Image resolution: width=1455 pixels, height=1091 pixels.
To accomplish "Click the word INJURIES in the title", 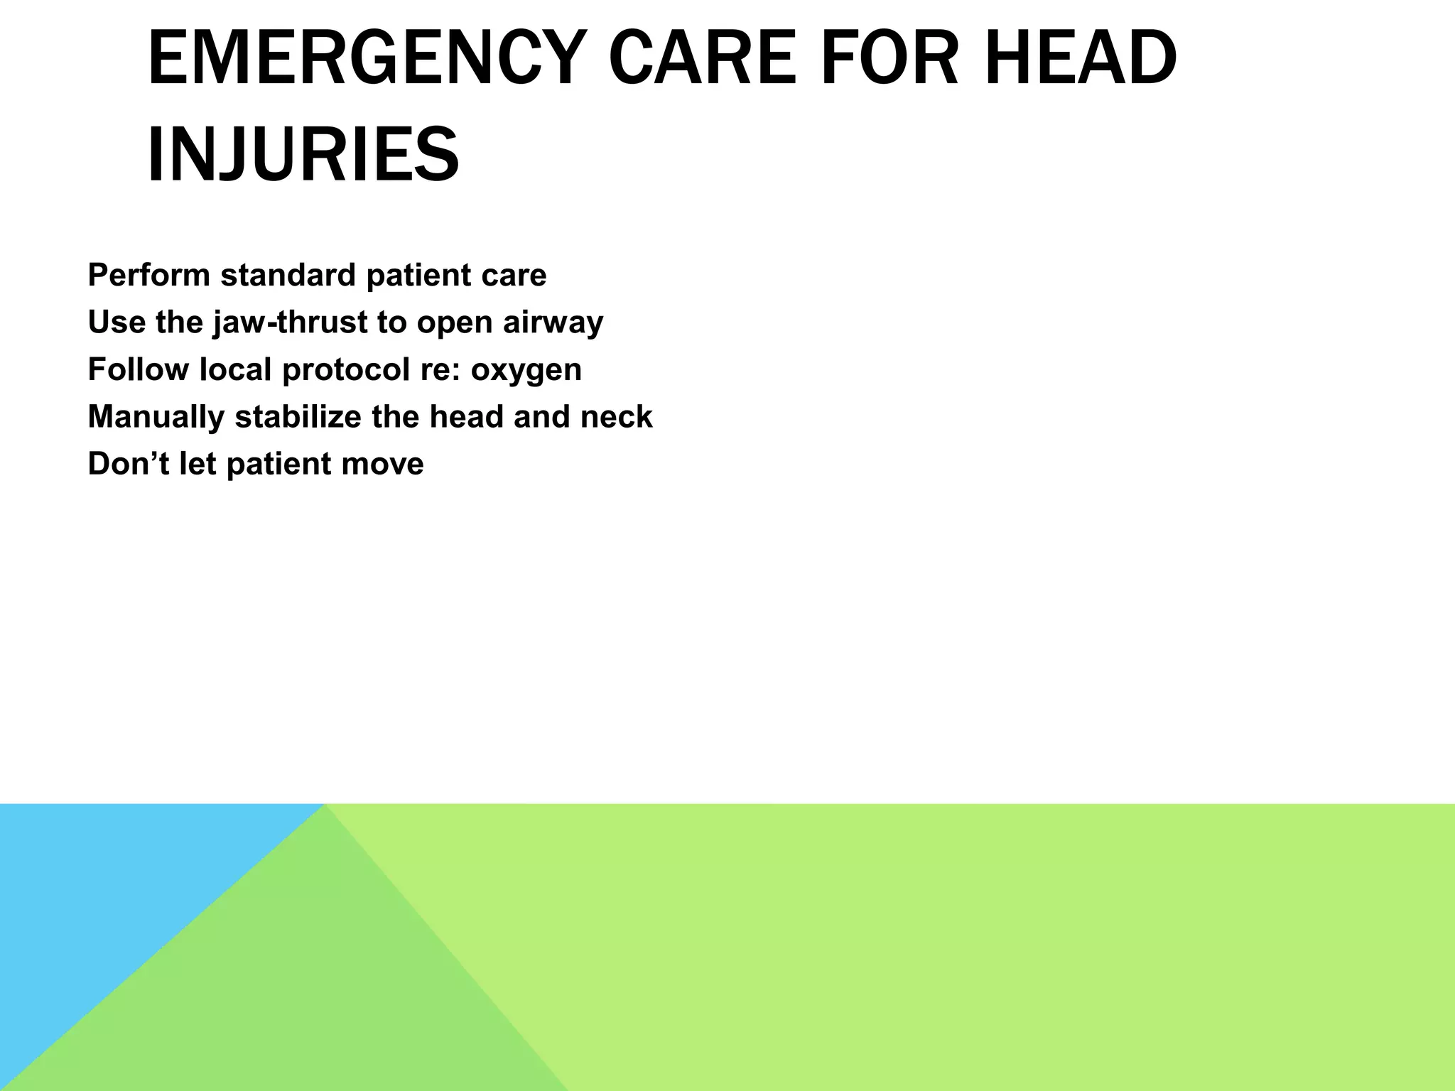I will coord(303,154).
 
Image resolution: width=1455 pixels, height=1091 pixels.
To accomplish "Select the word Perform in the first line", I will coord(148,276).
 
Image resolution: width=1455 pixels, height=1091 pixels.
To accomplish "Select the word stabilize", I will coord(298,417).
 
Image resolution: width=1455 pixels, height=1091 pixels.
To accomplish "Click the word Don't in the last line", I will coord(128,464).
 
